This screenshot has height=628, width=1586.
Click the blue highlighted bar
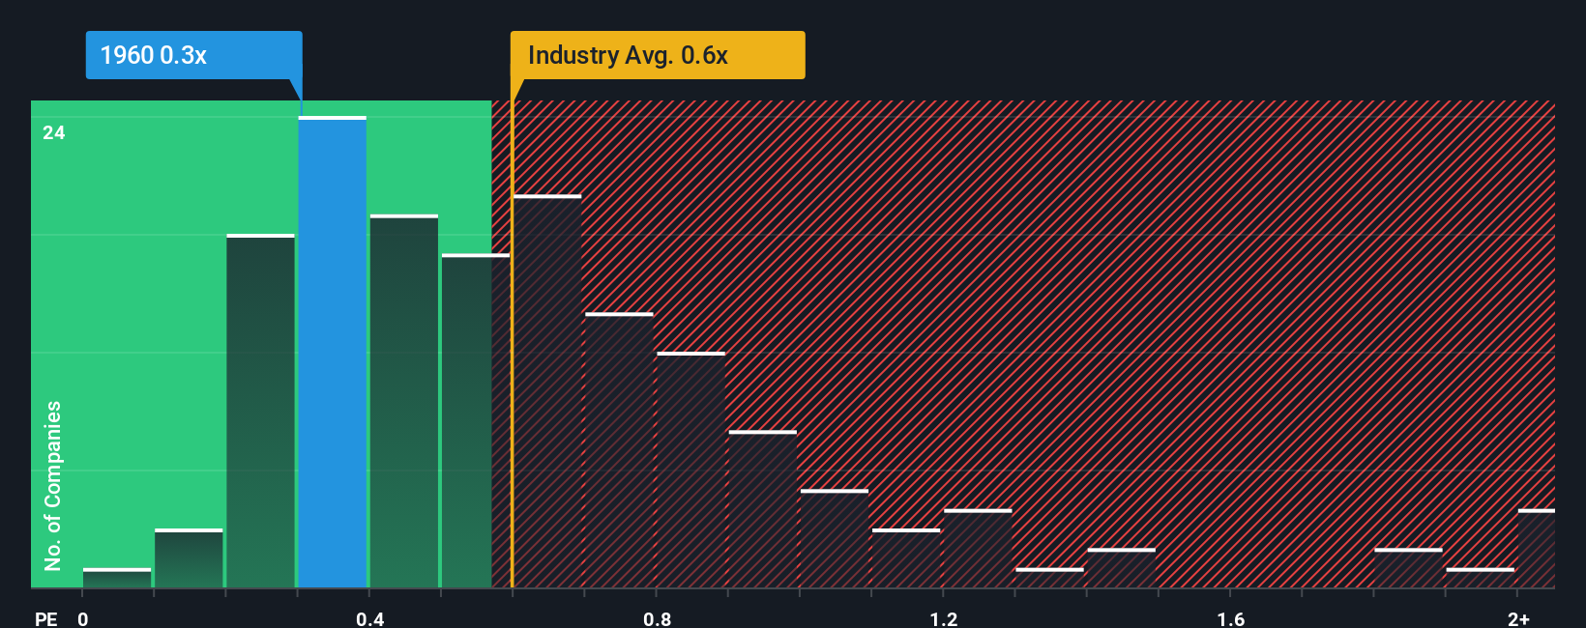click(x=332, y=353)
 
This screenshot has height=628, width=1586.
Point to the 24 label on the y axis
click(x=54, y=133)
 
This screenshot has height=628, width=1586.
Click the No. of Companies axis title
click(x=53, y=485)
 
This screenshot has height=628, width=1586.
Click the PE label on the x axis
click(x=45, y=618)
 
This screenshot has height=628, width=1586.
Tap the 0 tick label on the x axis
click(x=83, y=618)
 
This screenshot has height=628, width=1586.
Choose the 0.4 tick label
click(x=369, y=618)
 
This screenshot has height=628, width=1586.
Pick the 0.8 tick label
click(x=657, y=618)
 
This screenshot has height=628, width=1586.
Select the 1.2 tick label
click(x=944, y=618)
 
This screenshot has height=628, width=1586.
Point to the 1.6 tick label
click(x=1230, y=618)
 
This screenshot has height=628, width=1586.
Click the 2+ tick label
click(x=1518, y=618)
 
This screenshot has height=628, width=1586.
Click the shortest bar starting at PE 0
click(x=117, y=578)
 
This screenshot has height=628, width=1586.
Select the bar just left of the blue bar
click(x=260, y=411)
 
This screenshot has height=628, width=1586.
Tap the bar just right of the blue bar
click(x=403, y=401)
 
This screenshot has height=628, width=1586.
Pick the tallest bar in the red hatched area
click(x=547, y=391)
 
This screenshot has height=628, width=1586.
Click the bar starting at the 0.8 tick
click(x=690, y=470)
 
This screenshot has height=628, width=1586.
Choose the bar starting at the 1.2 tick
click(x=978, y=548)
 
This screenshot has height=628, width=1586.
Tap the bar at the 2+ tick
click(x=1536, y=548)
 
